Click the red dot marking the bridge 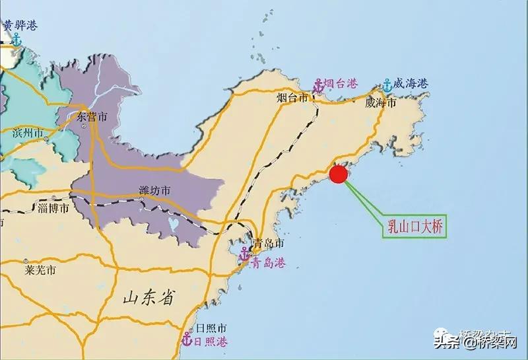coord(338,174)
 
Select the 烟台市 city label coord(292,98)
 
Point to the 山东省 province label coord(150,299)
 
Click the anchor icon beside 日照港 coord(187,341)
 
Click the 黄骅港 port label coord(20,26)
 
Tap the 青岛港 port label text coord(269,263)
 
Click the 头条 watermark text coord(447,342)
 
